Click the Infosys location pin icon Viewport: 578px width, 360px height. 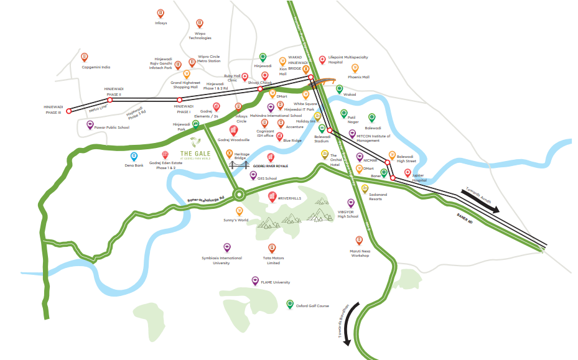[x=161, y=13]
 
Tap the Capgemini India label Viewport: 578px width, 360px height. [x=96, y=67]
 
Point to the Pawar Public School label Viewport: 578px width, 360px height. [x=112, y=127]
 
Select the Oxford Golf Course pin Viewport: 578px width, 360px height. [x=290, y=304]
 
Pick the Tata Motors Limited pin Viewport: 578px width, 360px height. [x=272, y=248]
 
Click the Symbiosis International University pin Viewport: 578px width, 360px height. [x=227, y=247]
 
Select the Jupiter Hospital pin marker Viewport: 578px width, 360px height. [x=408, y=173]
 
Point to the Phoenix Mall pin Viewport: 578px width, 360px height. [x=355, y=68]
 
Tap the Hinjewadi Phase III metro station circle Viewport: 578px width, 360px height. [x=69, y=111]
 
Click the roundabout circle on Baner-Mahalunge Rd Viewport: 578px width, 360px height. [x=238, y=195]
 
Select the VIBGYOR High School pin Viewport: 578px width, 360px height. [x=351, y=203]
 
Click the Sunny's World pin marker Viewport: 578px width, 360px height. [x=239, y=211]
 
